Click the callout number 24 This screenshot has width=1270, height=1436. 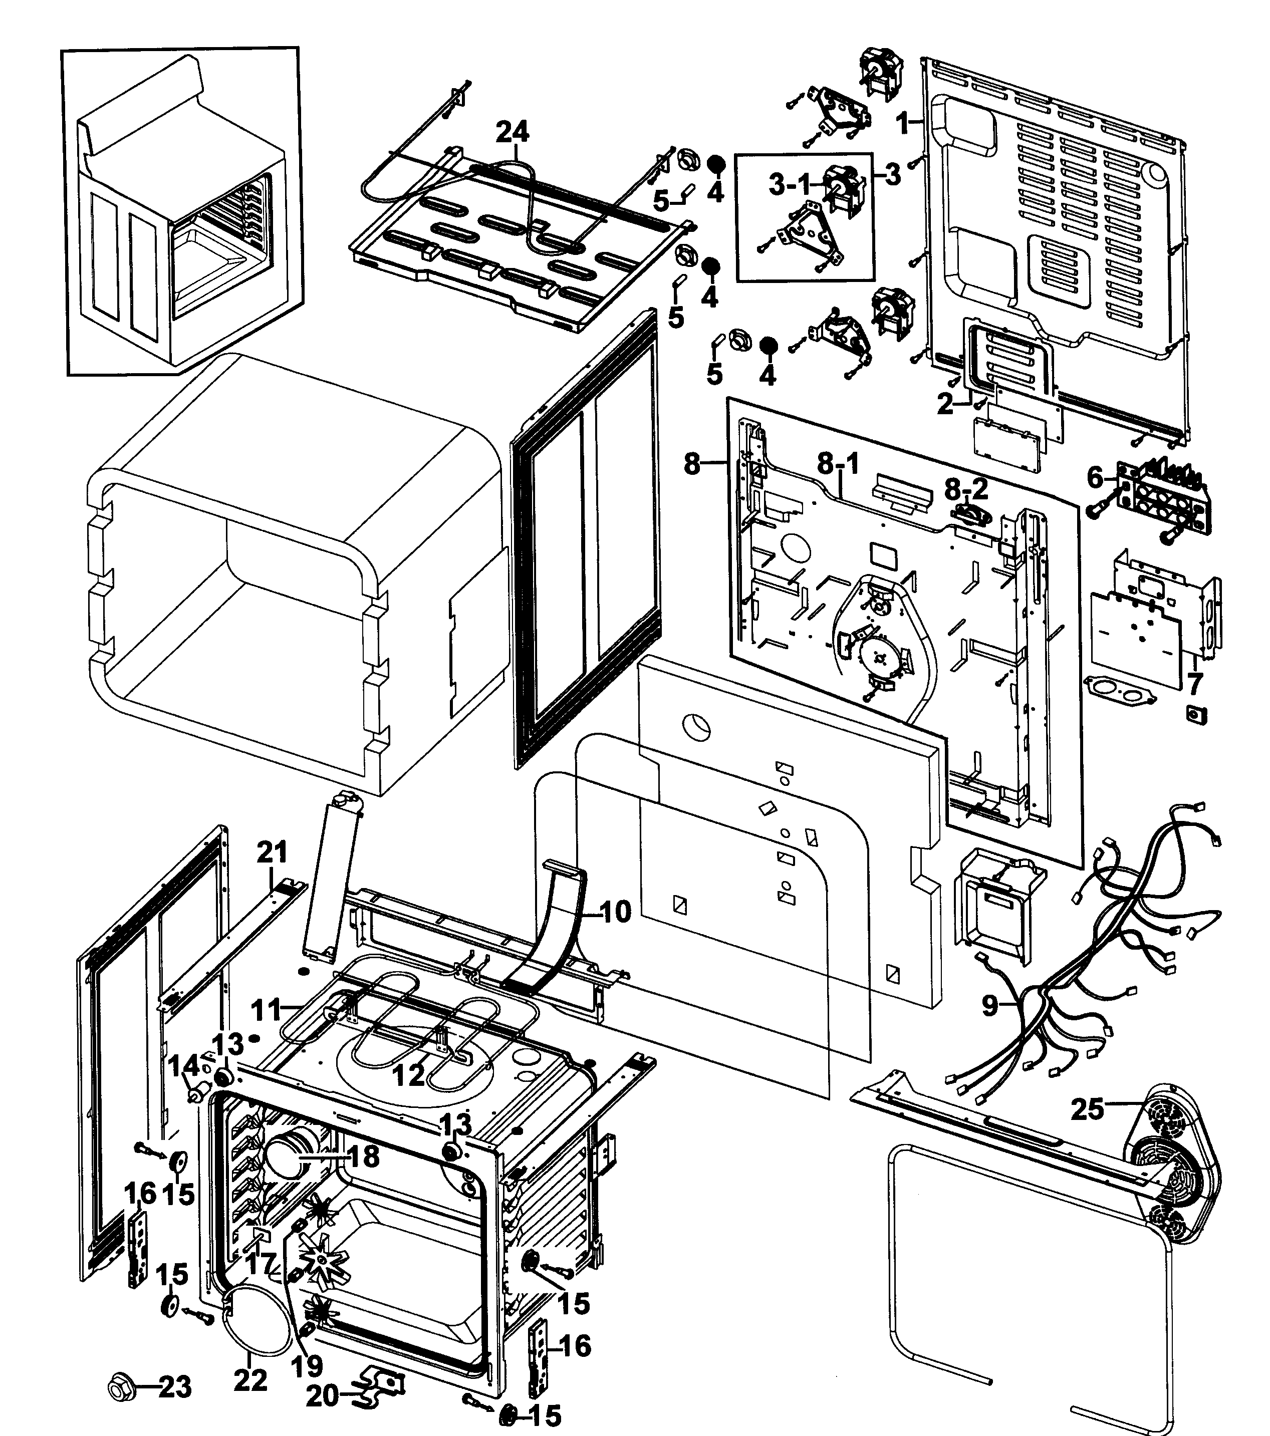coord(513,131)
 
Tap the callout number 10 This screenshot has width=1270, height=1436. coord(616,913)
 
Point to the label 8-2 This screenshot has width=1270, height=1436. coord(966,489)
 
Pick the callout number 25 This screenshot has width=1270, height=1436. coord(1087,1109)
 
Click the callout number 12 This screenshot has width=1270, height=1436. coord(409,1074)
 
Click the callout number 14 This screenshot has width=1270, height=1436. coord(183,1068)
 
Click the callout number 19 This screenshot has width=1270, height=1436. coord(307,1365)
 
